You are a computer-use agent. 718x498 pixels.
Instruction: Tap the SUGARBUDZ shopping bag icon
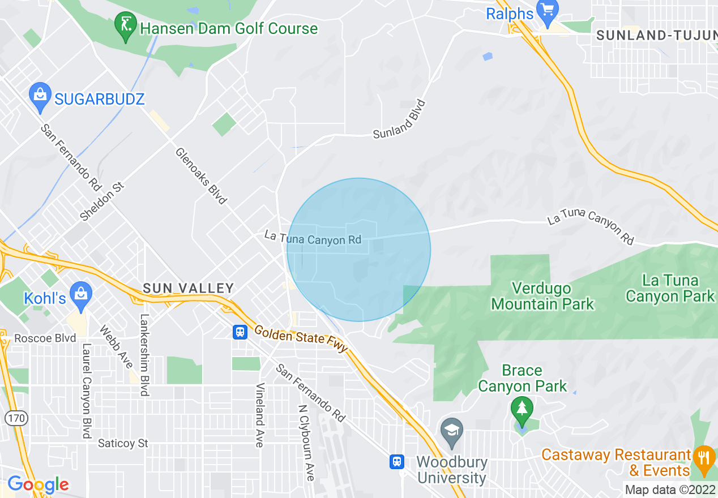click(40, 97)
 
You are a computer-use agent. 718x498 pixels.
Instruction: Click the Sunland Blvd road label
click(399, 119)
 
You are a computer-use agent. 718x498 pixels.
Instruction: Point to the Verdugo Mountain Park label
click(542, 296)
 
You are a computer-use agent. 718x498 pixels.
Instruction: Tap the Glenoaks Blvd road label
click(201, 175)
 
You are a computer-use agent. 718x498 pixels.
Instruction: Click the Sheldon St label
click(102, 201)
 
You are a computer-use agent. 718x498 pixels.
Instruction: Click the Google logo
click(38, 484)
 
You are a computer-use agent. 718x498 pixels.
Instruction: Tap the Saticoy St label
click(123, 443)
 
